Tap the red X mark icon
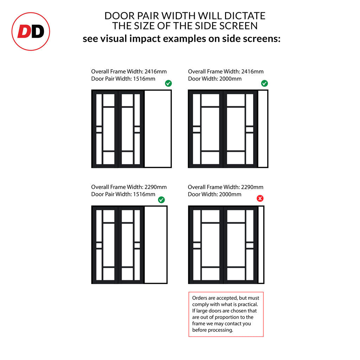[260, 198]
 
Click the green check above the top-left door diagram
[168, 83]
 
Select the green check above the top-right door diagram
[264, 83]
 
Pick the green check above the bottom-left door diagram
[161, 200]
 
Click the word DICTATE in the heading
[245, 16]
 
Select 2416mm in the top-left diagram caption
[155, 71]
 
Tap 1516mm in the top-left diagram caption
[144, 79]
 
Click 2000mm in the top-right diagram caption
[230, 79]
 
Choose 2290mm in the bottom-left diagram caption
[155, 187]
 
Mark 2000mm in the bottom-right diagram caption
[230, 194]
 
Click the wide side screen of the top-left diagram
[158, 129]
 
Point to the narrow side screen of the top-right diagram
[263, 129]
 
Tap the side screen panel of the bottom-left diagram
[156, 245]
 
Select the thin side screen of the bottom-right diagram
[261, 245]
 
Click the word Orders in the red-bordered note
[200, 298]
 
